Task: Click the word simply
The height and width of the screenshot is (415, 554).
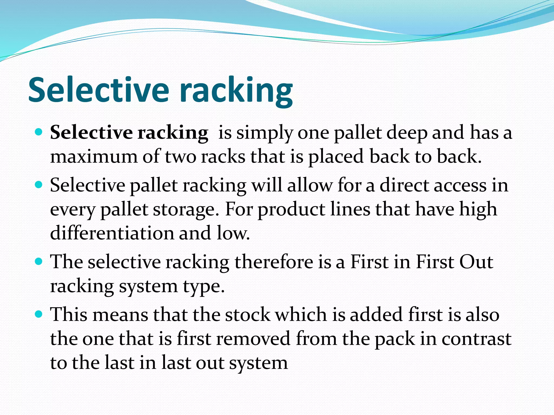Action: [x=265, y=133]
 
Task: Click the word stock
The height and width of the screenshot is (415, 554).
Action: [x=248, y=314]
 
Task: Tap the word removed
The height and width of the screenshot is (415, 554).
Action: [x=253, y=338]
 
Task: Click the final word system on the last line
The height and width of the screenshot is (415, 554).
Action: [x=258, y=363]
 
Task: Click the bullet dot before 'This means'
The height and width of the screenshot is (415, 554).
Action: [x=39, y=314]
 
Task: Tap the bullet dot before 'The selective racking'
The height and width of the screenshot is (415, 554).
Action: [x=39, y=261]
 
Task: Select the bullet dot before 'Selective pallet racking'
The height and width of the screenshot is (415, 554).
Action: [x=39, y=185]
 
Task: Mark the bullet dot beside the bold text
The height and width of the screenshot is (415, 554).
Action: [x=39, y=132]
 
